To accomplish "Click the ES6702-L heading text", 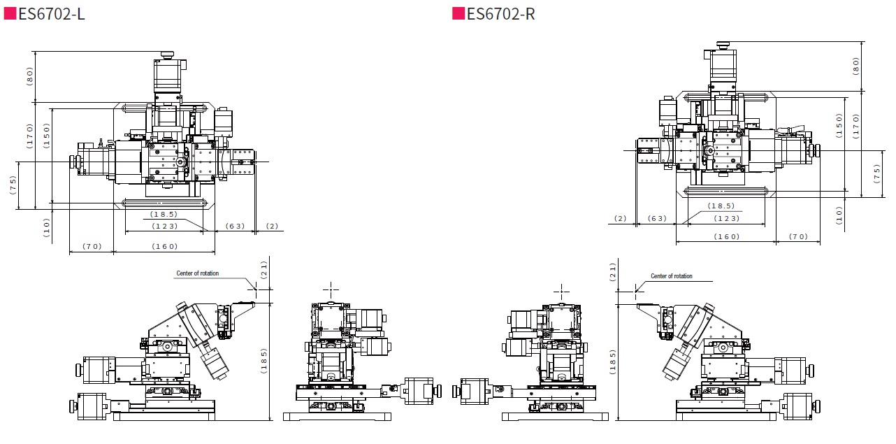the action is point(52,14).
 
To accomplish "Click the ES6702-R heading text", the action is point(501,14).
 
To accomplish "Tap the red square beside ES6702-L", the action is point(10,13).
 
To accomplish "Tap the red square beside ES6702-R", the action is point(458,13).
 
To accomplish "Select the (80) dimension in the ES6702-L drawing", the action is point(29,76).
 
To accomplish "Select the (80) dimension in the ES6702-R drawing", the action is point(855,66).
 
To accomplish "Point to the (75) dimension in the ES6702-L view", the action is point(13,185).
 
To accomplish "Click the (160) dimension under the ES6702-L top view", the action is point(165,246).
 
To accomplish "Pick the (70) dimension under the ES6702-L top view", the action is point(92,246).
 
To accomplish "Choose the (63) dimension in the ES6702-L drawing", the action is point(236,226).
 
